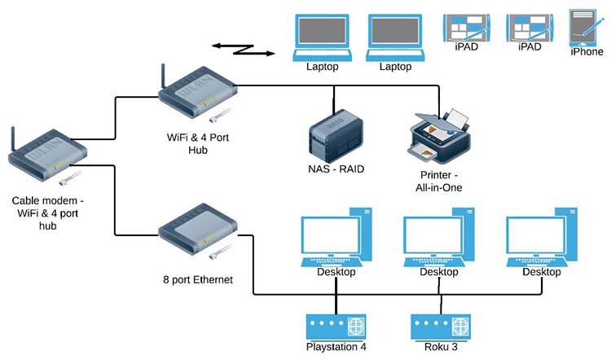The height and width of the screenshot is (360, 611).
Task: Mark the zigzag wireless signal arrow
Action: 244,48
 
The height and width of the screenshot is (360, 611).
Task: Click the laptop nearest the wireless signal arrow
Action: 323,37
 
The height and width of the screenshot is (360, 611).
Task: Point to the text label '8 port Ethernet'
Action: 198,279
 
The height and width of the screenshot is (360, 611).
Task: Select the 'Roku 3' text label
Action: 439,347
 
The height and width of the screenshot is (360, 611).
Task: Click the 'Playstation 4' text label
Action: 336,347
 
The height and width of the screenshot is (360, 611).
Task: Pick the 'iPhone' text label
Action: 587,51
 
